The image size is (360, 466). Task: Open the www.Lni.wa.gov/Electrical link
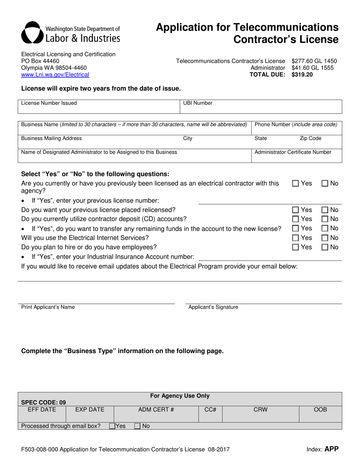pyautogui.click(x=55, y=75)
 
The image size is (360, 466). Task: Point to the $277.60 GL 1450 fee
pyautogui.click(x=314, y=61)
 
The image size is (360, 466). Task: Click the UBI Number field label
pyautogui.click(x=197, y=103)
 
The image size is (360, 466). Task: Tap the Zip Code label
pyautogui.click(x=310, y=139)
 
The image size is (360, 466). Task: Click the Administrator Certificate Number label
pyautogui.click(x=293, y=152)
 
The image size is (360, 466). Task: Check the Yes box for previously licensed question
pyautogui.click(x=296, y=183)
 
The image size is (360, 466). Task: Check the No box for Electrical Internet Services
pyautogui.click(x=325, y=238)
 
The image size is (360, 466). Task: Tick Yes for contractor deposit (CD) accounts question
pyautogui.click(x=296, y=219)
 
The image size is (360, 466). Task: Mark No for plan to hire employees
pyautogui.click(x=325, y=247)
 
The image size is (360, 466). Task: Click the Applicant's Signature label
pyautogui.click(x=213, y=307)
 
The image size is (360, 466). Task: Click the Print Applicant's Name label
pyautogui.click(x=48, y=307)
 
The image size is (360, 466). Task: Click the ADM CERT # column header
pyautogui.click(x=156, y=410)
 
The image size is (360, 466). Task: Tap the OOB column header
pyautogui.click(x=320, y=410)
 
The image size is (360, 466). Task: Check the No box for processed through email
pyautogui.click(x=137, y=426)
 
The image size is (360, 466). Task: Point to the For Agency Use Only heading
pyautogui.click(x=180, y=396)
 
